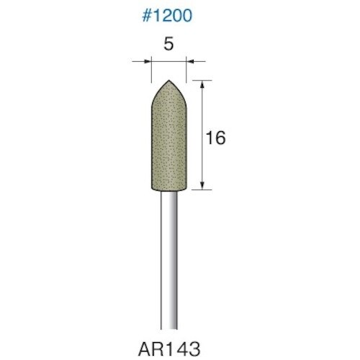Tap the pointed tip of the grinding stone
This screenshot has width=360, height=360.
pyautogui.click(x=168, y=81)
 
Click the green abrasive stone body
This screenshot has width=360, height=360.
pyautogui.click(x=168, y=144)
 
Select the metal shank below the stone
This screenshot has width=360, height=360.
pyautogui.click(x=168, y=252)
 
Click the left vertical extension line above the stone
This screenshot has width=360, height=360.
pyautogui.click(x=150, y=72)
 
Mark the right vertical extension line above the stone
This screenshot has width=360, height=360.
pyautogui.click(x=186, y=72)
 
